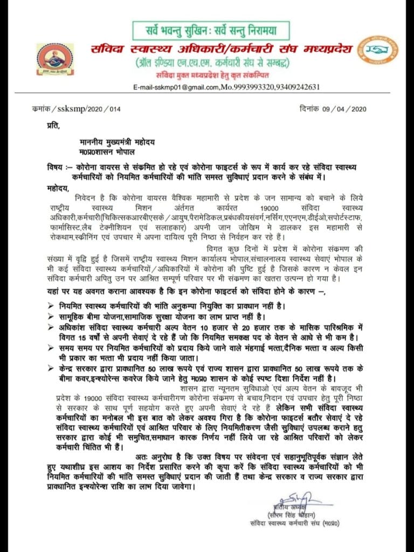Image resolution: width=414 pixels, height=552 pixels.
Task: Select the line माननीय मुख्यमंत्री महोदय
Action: coord(114,142)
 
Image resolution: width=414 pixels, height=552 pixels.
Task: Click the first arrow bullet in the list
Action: coord(50,306)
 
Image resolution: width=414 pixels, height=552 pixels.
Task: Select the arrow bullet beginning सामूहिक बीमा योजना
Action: coord(50,316)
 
